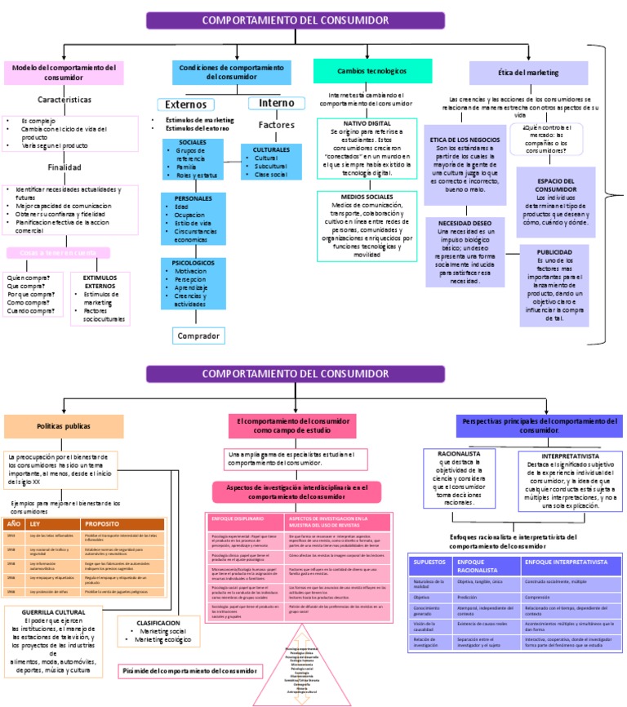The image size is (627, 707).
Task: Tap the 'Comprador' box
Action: (x=198, y=336)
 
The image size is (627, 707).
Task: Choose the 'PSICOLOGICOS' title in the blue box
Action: (x=193, y=263)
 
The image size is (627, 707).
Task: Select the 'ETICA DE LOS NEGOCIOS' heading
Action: (x=465, y=140)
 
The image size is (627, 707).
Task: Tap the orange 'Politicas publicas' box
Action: (x=64, y=426)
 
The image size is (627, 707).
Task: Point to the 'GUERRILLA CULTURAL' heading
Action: (x=58, y=611)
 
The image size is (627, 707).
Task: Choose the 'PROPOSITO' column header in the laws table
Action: (x=102, y=523)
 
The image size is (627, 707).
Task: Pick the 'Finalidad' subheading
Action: (x=64, y=167)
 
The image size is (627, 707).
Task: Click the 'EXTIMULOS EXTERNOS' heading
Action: (x=100, y=282)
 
